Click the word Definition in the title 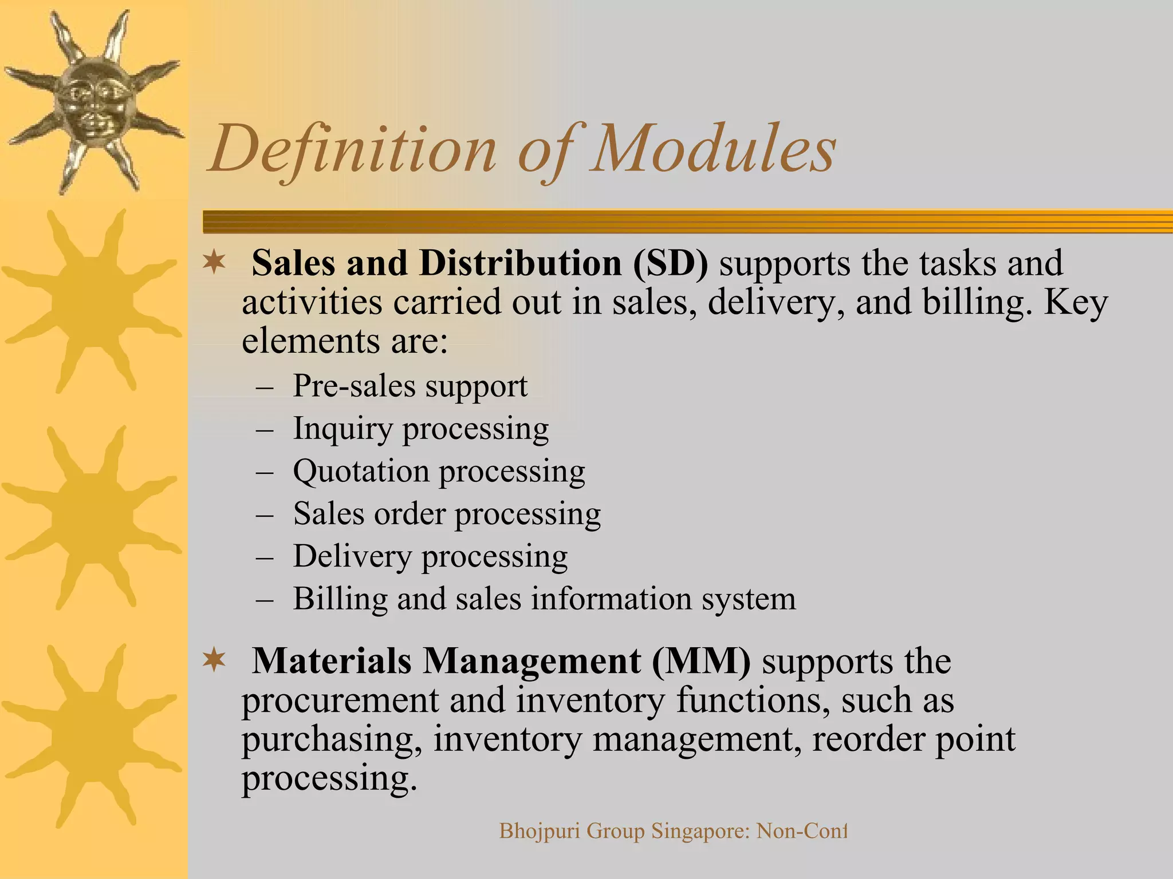point(352,150)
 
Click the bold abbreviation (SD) point(670,264)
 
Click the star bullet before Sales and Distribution point(214,263)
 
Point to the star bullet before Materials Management point(214,661)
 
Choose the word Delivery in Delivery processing point(352,556)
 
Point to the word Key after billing point(1076,302)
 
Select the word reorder point(869,739)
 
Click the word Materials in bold point(332,662)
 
